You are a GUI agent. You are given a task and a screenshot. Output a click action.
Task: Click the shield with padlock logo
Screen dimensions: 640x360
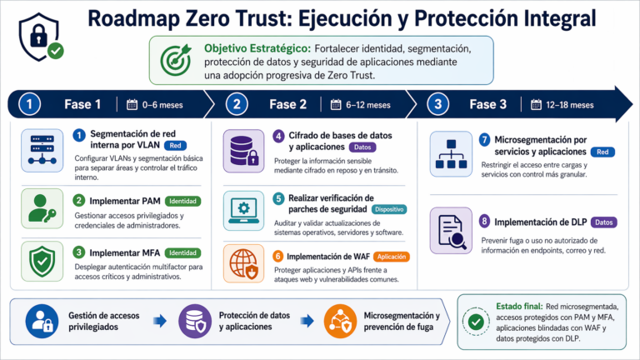click(40, 37)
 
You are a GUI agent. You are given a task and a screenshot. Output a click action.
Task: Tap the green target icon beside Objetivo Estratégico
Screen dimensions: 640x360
click(176, 60)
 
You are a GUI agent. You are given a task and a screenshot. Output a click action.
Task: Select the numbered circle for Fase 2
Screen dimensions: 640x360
click(237, 104)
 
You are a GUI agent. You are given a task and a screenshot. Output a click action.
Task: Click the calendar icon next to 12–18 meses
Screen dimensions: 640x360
click(536, 104)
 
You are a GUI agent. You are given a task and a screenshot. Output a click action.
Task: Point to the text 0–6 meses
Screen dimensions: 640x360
click(162, 105)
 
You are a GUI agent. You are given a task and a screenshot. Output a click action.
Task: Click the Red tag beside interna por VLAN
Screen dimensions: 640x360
click(176, 145)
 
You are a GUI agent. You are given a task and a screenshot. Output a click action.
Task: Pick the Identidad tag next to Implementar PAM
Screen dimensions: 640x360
click(182, 201)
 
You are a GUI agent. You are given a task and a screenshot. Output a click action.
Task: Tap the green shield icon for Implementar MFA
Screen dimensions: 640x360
click(42, 261)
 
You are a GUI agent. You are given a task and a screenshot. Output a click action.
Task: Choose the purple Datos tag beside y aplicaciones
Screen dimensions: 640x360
click(362, 147)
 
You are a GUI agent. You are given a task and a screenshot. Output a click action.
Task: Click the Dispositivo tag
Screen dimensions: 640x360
click(389, 209)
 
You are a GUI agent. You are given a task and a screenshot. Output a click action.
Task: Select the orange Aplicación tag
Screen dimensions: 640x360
click(392, 257)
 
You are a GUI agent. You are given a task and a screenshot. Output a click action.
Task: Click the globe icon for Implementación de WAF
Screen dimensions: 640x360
click(243, 263)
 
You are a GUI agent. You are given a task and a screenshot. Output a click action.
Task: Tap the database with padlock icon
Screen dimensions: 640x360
click(243, 151)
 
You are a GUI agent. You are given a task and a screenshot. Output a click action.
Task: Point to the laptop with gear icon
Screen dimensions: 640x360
click(243, 211)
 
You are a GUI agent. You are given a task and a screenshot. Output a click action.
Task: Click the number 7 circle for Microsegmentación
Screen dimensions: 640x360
click(484, 140)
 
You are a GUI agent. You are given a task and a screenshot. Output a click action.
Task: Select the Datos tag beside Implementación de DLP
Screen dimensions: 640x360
click(603, 222)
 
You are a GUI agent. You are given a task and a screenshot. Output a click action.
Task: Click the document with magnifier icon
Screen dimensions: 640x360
click(452, 231)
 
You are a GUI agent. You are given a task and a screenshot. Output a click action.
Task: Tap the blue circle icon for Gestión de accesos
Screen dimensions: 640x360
click(42, 321)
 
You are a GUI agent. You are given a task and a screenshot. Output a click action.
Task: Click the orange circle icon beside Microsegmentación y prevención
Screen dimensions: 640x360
click(340, 321)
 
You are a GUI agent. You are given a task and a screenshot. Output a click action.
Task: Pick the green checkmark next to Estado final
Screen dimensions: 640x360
click(476, 322)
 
